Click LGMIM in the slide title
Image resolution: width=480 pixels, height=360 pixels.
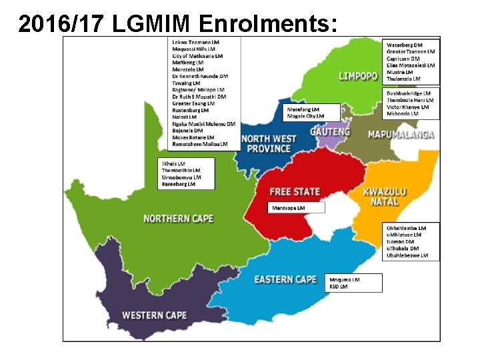coord(155,23)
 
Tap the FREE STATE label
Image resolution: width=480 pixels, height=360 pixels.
coord(295,191)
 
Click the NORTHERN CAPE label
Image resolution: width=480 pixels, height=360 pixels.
coord(178,219)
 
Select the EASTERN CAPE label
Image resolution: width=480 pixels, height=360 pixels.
coord(285,279)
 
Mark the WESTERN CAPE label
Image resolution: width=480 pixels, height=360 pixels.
coord(154,315)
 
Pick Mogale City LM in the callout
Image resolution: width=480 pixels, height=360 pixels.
coord(305,116)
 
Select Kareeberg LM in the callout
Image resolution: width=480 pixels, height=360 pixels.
coord(178,184)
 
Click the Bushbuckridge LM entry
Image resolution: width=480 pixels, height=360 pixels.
coord(408,93)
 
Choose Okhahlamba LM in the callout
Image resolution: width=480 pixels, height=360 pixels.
coord(407,228)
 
